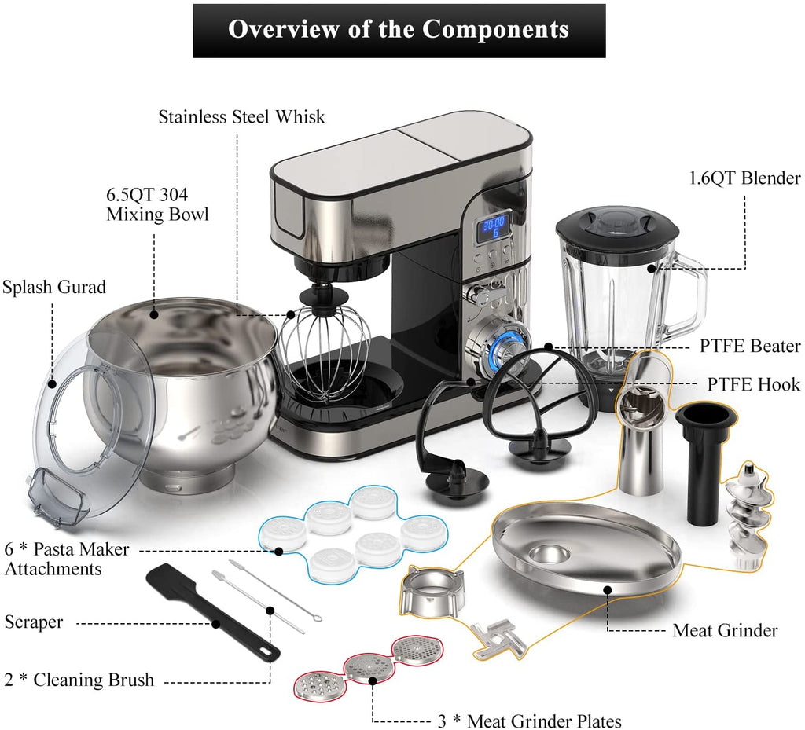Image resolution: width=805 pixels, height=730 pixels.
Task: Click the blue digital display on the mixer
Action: (x=492, y=229)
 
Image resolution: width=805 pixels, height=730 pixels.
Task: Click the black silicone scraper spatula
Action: (x=212, y=611)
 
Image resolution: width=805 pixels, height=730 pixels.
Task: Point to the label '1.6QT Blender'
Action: (x=744, y=178)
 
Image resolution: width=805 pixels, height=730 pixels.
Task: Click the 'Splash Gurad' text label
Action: (x=54, y=287)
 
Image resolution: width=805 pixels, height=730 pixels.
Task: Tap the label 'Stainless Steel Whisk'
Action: (x=241, y=116)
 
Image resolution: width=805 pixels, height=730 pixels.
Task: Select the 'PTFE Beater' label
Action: (x=749, y=346)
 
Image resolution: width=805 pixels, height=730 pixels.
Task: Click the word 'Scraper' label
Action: (x=33, y=622)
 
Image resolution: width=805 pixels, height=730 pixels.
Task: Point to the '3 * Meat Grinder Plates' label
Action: (x=529, y=721)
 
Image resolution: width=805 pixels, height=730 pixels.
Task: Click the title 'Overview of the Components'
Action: (x=399, y=29)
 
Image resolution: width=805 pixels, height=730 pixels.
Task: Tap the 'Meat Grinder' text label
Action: (x=725, y=630)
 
